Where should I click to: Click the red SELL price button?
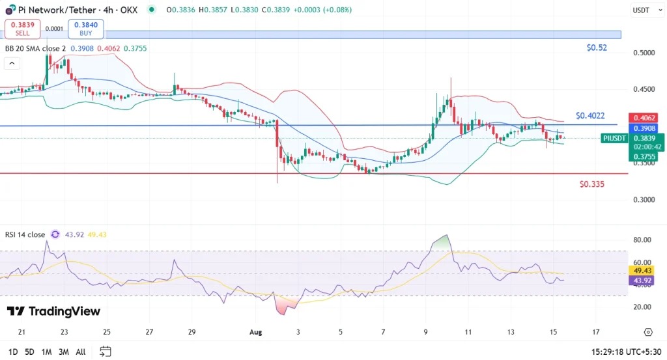[x=22, y=29]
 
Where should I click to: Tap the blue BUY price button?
[x=85, y=29]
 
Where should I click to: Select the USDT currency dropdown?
[x=644, y=10]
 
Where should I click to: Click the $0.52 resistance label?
[x=597, y=48]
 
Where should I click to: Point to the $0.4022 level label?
[x=591, y=115]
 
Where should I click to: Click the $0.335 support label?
[x=591, y=184]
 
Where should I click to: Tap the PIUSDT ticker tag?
[x=615, y=138]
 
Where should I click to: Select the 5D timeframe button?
[x=29, y=352]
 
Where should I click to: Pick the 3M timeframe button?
[x=63, y=352]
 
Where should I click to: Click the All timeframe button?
[x=80, y=352]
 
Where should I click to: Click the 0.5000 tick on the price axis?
[x=644, y=53]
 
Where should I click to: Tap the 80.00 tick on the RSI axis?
[x=642, y=240]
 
